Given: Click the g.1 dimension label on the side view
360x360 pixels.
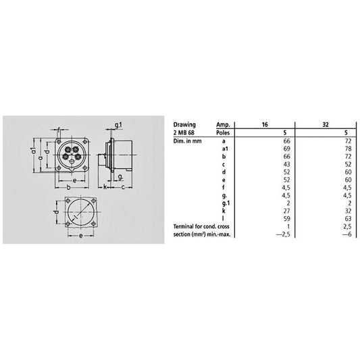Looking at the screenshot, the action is click(119, 125).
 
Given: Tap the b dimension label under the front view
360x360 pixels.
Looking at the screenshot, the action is click(68, 187).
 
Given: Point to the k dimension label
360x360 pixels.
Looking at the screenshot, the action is click(105, 187).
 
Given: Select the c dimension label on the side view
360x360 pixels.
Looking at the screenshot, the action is click(123, 188).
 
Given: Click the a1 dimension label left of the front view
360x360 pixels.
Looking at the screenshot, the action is click(34, 150).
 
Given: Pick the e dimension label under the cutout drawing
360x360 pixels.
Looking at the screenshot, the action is click(80, 236).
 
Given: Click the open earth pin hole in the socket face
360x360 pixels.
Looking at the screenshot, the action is click(72, 162).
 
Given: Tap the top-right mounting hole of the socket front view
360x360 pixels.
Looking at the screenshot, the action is click(85, 142).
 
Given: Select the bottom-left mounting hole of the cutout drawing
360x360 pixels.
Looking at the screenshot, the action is click(68, 224).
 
